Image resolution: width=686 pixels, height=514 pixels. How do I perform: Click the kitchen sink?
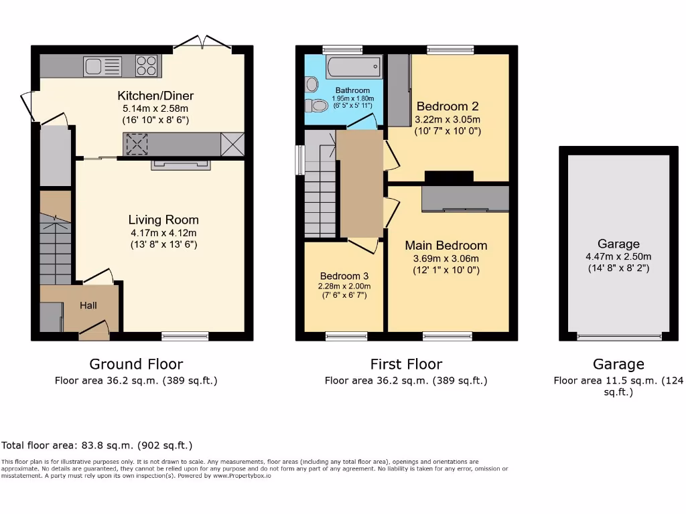[102, 66]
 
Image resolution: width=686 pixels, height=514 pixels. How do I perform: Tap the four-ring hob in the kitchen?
[147, 66]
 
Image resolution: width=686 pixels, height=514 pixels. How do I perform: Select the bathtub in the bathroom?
[354, 67]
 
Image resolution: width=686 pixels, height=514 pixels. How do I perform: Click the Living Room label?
[163, 220]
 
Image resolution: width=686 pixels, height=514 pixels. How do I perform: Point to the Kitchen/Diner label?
[155, 96]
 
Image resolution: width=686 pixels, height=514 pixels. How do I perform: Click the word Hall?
[88, 305]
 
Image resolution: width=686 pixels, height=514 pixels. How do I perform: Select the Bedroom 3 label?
[344, 276]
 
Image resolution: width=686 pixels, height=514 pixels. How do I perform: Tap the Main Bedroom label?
[445, 246]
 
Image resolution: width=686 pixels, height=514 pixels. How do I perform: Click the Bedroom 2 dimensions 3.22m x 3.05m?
[448, 119]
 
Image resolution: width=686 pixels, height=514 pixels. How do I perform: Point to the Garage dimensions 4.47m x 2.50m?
[618, 256]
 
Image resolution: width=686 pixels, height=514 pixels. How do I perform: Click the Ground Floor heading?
[136, 364]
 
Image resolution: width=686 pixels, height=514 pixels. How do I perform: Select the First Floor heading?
[406, 364]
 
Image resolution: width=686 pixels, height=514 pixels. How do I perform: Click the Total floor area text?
[97, 445]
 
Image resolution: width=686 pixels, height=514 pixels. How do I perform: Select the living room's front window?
[186, 336]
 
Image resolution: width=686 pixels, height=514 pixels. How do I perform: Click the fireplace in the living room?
[181, 165]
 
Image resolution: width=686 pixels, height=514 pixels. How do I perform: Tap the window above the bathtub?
[342, 49]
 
